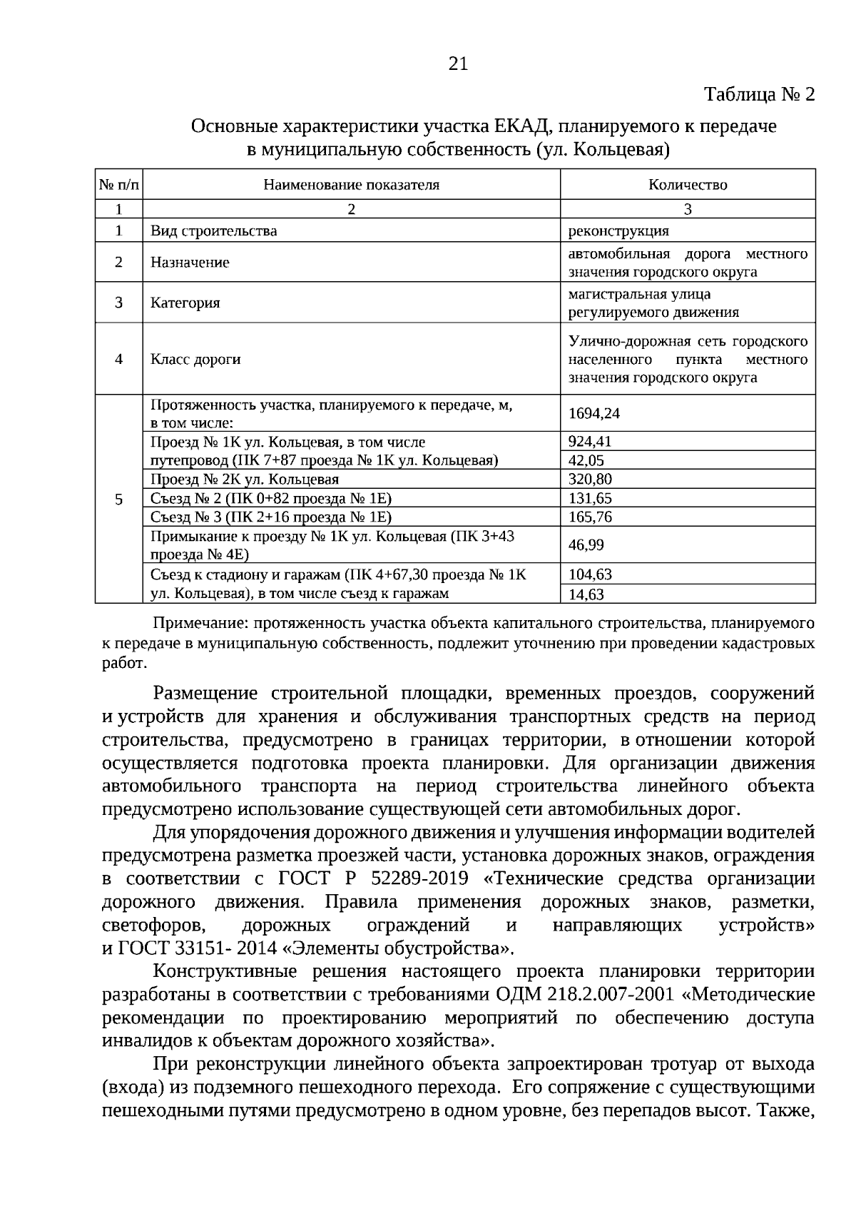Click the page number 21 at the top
tap(458, 64)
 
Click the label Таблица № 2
tap(759, 95)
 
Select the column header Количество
tap(688, 185)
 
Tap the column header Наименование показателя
tap(351, 185)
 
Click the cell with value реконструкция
tap(618, 230)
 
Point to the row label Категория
tap(185, 303)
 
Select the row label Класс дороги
tap(195, 359)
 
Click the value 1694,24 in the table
tap(589, 413)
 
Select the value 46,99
tap(586, 545)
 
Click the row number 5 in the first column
tap(118, 498)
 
